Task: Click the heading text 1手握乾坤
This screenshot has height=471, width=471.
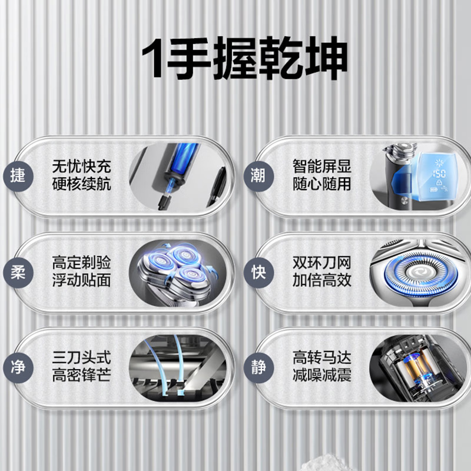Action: pos(235,59)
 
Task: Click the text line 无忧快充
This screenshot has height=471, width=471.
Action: pos(81,165)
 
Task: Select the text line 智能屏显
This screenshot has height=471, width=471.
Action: pos(322,165)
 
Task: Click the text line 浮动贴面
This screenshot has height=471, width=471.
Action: pos(81,280)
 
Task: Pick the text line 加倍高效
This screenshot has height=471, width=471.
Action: pos(322,280)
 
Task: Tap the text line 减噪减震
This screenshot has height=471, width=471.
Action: pos(322,376)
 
